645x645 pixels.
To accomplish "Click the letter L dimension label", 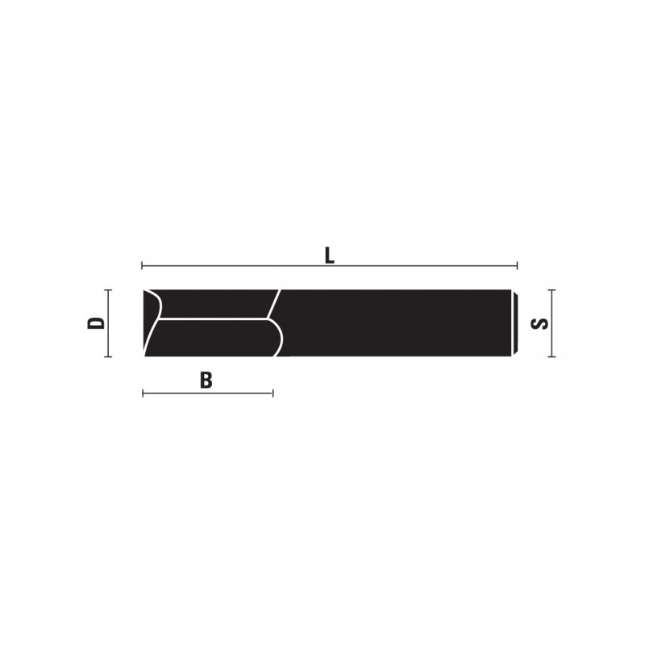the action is click(329, 256).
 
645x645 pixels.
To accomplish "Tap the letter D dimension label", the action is click(96, 323).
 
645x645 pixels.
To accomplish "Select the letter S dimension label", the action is click(539, 324).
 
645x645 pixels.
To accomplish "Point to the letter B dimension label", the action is click(206, 381).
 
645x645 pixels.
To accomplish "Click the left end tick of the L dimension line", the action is click(143, 266).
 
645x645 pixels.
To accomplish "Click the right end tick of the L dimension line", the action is click(517, 266).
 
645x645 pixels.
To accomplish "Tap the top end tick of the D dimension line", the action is click(108, 290).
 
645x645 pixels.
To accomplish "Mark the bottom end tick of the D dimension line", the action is click(108, 356).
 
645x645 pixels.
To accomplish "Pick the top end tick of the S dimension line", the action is click(551, 290).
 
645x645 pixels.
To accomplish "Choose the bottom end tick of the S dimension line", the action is click(551, 356).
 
